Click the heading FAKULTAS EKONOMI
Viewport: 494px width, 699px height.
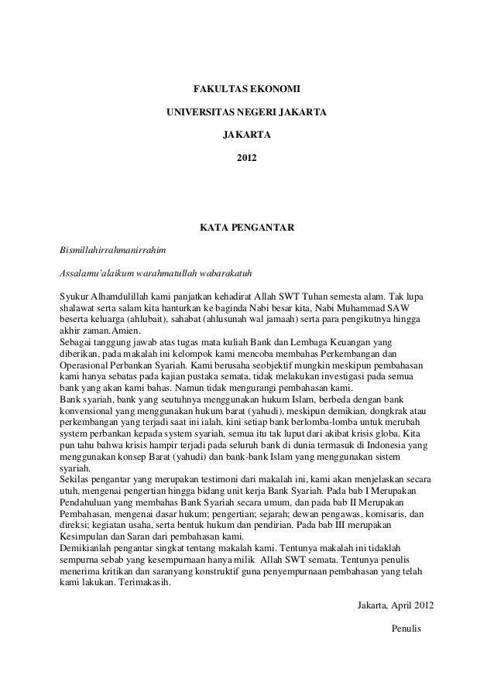pyautogui.click(x=246, y=90)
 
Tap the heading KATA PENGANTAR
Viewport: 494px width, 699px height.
pyautogui.click(x=246, y=229)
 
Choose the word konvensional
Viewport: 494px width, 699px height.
pyautogui.click(x=90, y=423)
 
